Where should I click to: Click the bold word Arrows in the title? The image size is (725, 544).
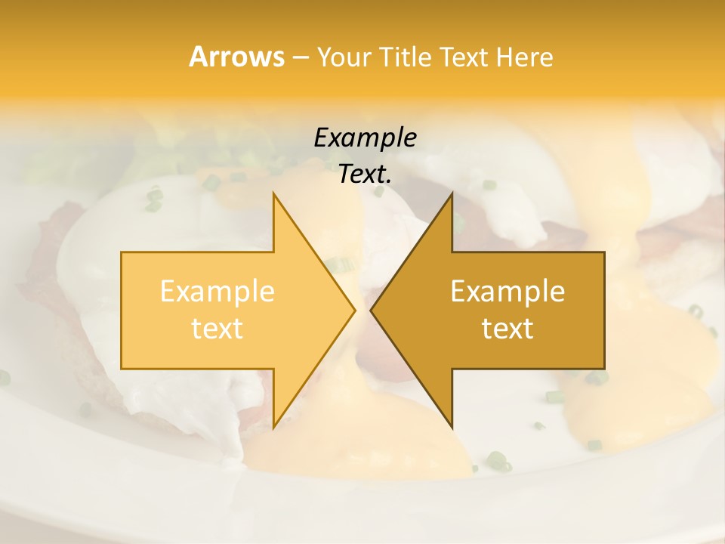click(x=236, y=57)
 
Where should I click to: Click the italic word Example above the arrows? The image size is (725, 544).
click(x=365, y=138)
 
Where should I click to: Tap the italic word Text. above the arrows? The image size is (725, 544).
click(x=365, y=175)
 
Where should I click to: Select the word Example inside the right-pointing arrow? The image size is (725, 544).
click(x=217, y=292)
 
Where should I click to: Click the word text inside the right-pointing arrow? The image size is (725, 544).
click(x=217, y=329)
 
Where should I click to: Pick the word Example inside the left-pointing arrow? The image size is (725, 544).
click(x=507, y=292)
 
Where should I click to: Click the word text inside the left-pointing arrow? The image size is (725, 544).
click(x=507, y=329)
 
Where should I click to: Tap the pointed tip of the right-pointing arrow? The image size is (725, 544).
click(x=355, y=310)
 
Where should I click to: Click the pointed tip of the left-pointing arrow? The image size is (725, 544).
click(x=371, y=310)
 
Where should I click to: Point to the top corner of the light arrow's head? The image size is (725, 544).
click(x=273, y=193)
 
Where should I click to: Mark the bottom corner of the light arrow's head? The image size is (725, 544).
click(x=273, y=428)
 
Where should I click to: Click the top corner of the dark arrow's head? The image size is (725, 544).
click(x=452, y=193)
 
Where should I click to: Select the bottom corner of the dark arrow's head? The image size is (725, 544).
click(x=452, y=428)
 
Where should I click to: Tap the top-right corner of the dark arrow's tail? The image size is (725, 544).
click(x=604, y=252)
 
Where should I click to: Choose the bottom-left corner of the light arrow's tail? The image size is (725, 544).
click(x=122, y=369)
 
